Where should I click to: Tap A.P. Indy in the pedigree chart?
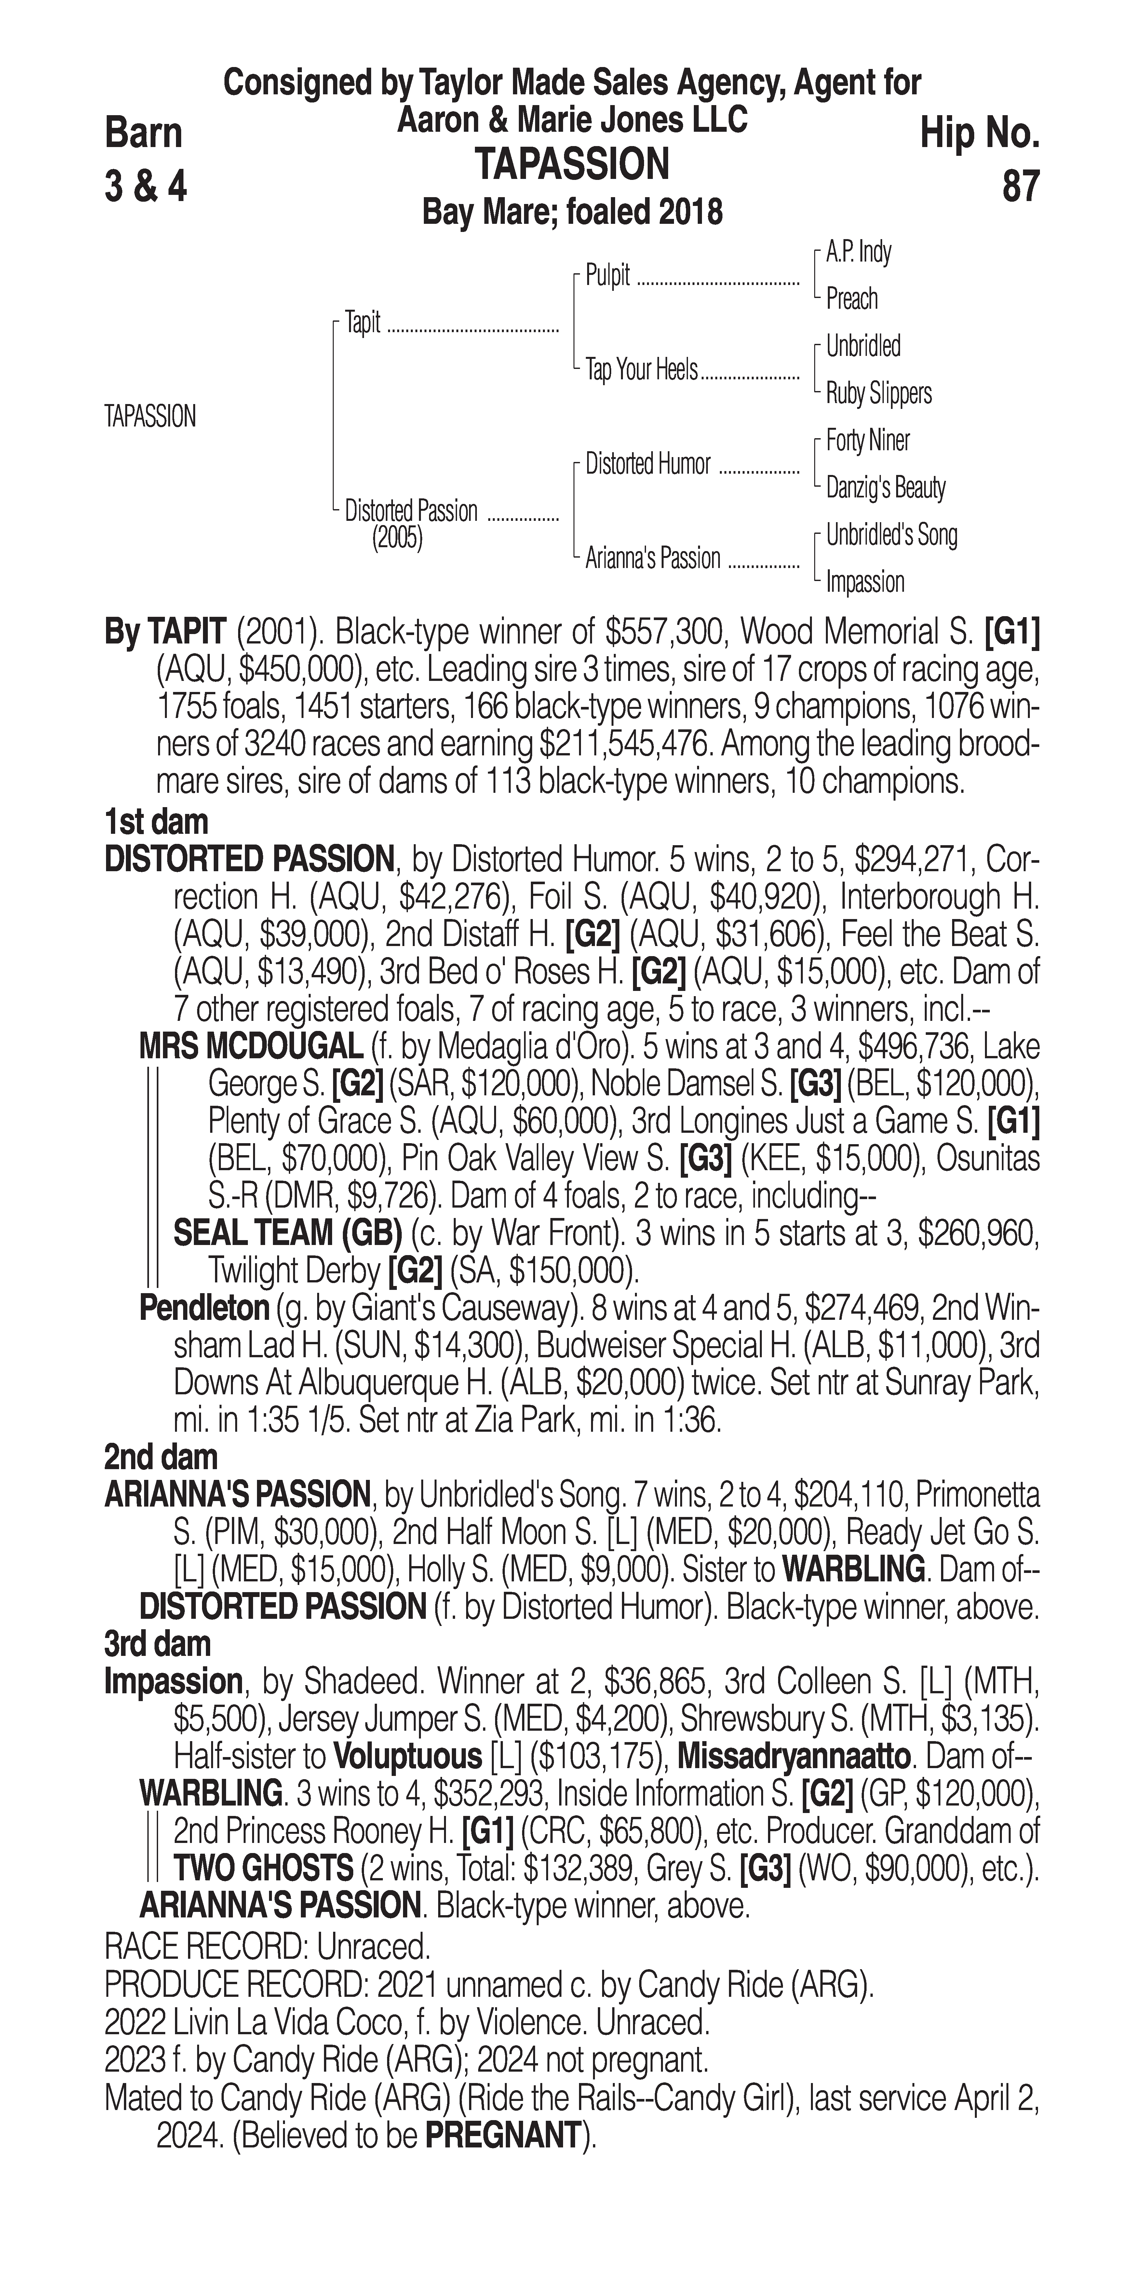click(x=858, y=252)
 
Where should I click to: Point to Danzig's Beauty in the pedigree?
click(x=885, y=487)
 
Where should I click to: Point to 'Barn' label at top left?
click(x=144, y=133)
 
